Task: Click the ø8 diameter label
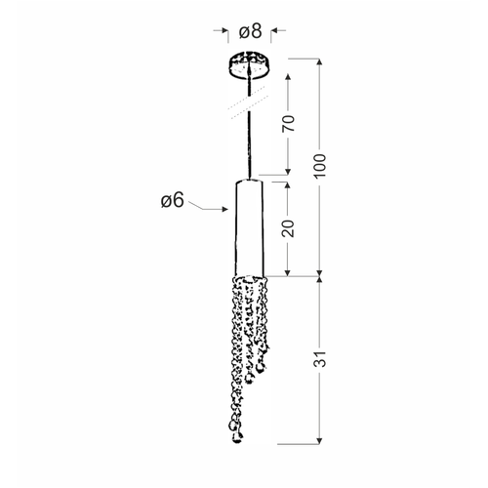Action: (250, 31)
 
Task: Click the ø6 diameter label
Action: (173, 200)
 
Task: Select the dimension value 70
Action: (288, 123)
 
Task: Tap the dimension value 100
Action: (320, 165)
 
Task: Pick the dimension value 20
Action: (288, 228)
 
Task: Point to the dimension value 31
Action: (320, 359)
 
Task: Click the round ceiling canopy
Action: (250, 64)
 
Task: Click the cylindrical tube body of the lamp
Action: (250, 227)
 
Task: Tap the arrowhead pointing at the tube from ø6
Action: (224, 209)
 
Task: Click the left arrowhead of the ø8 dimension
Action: (224, 30)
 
